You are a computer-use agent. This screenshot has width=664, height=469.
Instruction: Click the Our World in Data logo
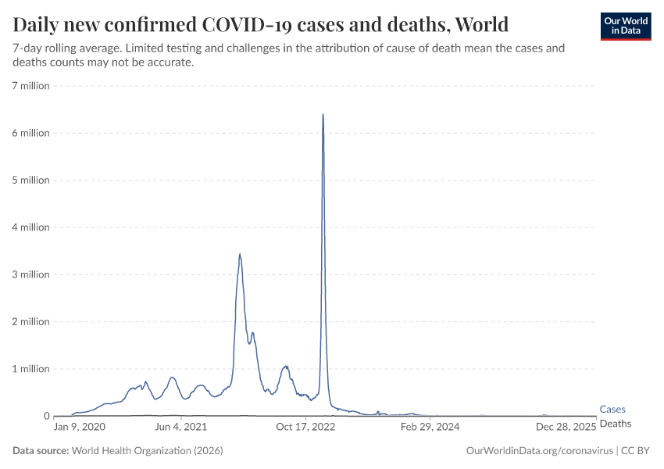pos(625,26)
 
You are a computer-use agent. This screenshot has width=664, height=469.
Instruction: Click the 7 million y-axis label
pos(30,86)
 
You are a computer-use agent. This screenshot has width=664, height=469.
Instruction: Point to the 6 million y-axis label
pos(30,133)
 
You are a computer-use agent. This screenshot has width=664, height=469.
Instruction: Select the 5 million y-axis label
pos(30,180)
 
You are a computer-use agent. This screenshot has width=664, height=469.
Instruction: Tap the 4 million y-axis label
pos(30,227)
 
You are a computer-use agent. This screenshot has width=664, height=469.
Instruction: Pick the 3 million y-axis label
pos(30,274)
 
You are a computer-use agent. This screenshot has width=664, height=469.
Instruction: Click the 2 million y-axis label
pos(30,321)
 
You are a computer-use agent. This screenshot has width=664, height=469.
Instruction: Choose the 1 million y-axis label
pos(30,369)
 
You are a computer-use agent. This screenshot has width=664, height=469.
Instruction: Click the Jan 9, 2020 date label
pos(79,428)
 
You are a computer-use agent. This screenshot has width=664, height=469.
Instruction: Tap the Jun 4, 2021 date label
pos(181,428)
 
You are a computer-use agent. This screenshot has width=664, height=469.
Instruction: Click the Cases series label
pos(612,410)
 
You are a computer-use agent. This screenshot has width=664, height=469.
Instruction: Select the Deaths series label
pos(615,423)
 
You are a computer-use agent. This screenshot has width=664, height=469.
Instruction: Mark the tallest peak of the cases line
pos(323,115)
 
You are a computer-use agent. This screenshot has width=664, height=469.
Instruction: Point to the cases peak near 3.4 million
pos(240,254)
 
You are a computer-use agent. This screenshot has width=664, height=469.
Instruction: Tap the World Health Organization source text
pos(147,451)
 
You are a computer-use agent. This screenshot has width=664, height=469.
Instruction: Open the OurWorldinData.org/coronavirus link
pos(539,451)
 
